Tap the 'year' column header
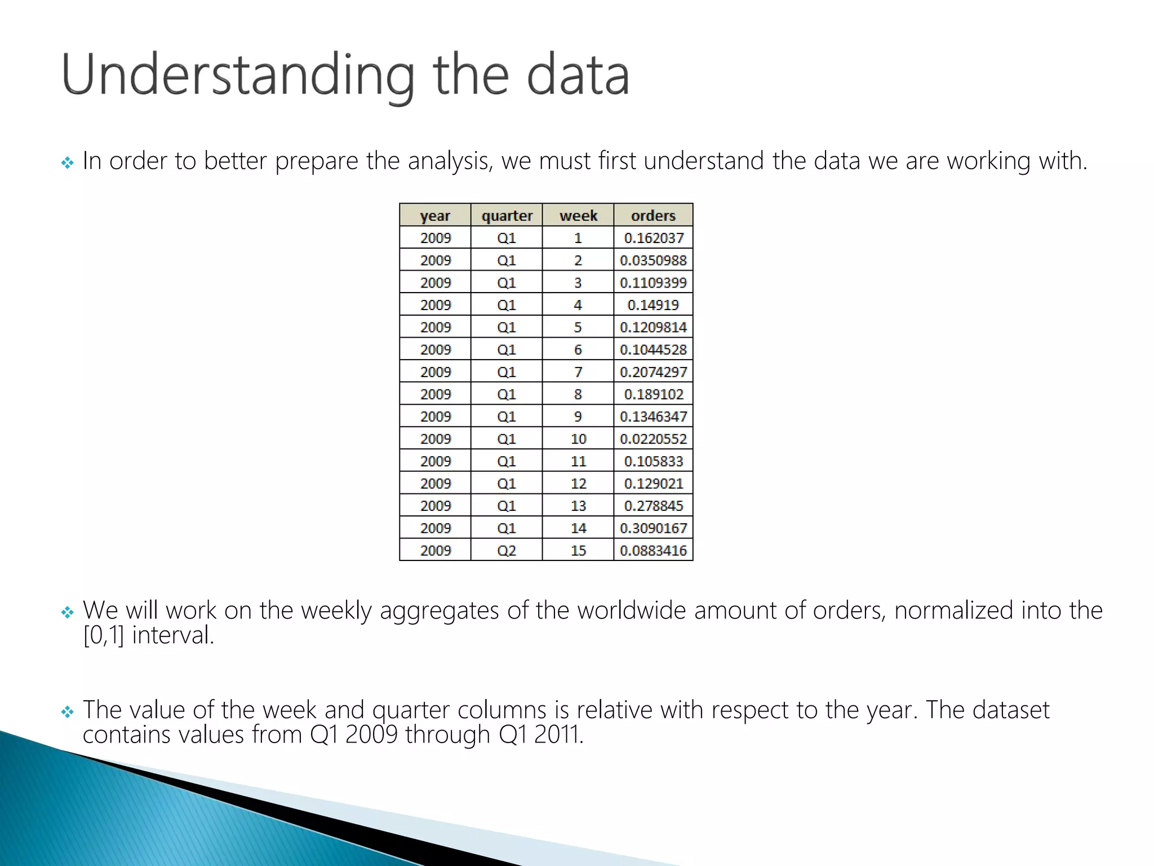point(435,215)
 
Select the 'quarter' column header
point(507,215)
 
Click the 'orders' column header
point(653,215)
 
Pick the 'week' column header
point(578,215)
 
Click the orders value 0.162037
point(654,238)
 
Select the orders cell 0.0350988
point(653,260)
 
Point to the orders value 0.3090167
point(653,528)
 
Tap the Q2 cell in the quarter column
point(507,550)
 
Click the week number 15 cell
point(578,550)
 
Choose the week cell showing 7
point(578,372)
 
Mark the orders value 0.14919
point(653,305)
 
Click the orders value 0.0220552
point(653,439)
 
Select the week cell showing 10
point(578,439)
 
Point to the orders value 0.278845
point(654,506)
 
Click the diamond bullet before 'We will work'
point(68,612)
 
